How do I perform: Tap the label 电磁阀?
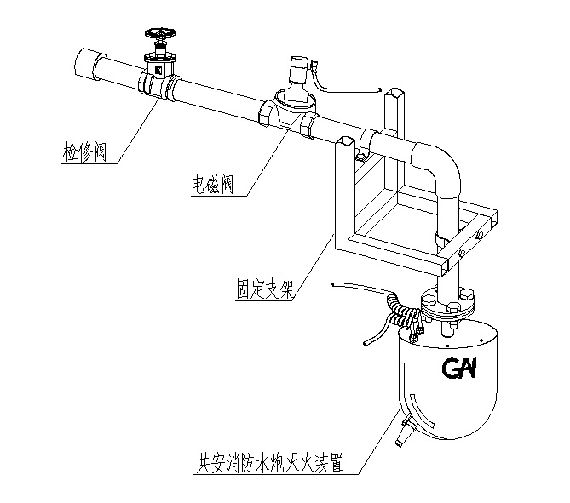click(212, 183)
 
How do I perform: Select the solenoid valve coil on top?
click(297, 71)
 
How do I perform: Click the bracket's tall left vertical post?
click(343, 196)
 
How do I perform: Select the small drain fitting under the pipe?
click(361, 154)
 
